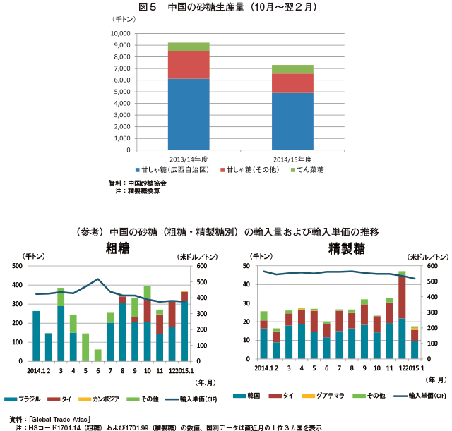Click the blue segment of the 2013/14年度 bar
[188, 114]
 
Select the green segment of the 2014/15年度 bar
[292, 69]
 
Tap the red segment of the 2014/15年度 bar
[292, 83]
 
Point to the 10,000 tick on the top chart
[120, 33]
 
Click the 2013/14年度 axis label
[188, 159]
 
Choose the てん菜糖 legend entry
[309, 170]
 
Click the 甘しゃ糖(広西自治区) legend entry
[174, 170]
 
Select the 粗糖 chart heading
[117, 248]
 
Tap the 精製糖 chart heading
[347, 248]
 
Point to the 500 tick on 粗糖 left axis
[16, 267]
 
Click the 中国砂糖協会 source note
[145, 183]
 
